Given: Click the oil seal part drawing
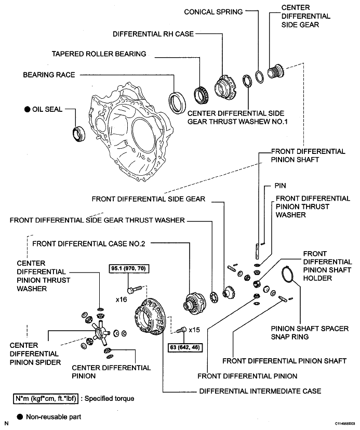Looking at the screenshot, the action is (78, 134).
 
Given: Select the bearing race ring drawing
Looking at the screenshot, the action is (177, 103).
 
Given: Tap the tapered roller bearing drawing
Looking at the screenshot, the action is (202, 95).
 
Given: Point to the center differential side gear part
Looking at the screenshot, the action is (276, 71).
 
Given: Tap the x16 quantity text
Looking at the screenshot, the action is (122, 299).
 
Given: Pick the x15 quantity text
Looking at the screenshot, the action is (194, 330).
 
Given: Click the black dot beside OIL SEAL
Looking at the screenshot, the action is (27, 109).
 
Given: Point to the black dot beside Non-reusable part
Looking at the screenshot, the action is (20, 417).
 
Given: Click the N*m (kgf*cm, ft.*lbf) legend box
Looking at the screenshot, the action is (46, 398).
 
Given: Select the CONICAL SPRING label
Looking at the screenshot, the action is (214, 12).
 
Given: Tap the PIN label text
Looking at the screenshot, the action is (281, 186).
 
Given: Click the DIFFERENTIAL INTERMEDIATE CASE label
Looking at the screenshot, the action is (260, 391).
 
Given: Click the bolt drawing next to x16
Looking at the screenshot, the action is (135, 289).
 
